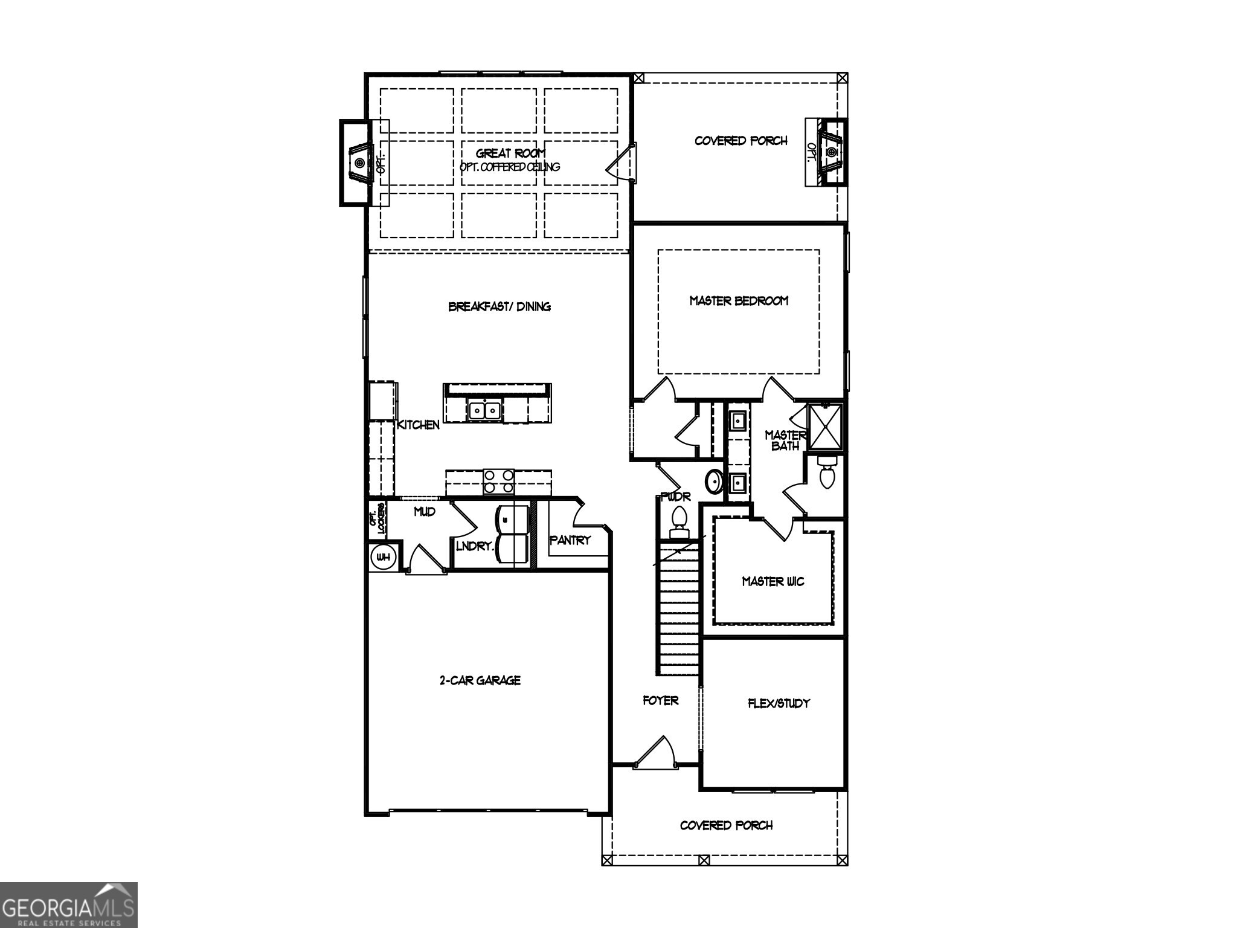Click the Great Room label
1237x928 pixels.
click(x=510, y=153)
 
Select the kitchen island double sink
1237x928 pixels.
click(x=484, y=411)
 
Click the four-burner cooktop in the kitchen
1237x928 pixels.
click(x=498, y=482)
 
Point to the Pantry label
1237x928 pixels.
click(x=570, y=540)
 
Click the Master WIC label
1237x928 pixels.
click(x=773, y=581)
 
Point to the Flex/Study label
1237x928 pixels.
click(x=779, y=703)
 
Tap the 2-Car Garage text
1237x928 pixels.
click(x=480, y=680)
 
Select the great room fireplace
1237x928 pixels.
click(x=359, y=163)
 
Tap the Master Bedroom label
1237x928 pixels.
click(x=739, y=300)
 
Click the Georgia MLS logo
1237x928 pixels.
click(x=68, y=904)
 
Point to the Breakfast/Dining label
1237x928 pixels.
click(x=499, y=306)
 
